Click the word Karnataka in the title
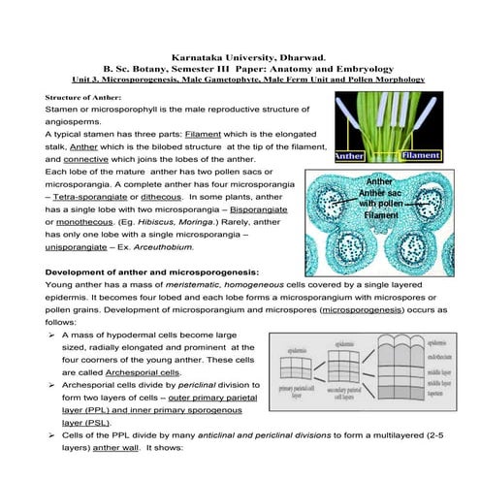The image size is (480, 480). point(196,58)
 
